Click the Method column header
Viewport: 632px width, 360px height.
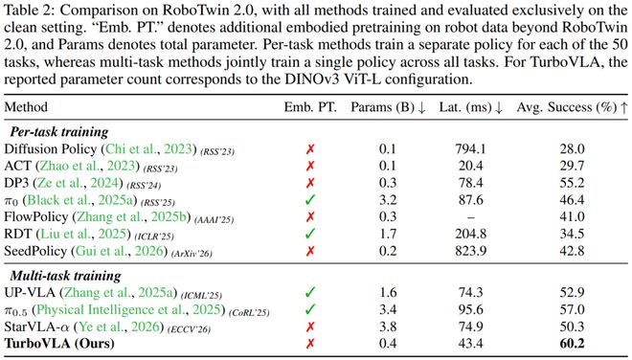tap(26, 107)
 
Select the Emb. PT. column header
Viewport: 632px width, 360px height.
tap(310, 107)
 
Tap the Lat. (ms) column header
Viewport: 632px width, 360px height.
tap(471, 107)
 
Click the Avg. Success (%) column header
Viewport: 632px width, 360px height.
tap(573, 107)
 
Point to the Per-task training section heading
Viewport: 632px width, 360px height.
tap(59, 132)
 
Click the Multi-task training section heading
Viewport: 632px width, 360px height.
tap(65, 276)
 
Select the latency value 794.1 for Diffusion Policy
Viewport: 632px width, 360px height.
tap(471, 149)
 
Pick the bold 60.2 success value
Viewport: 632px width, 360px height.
tap(572, 344)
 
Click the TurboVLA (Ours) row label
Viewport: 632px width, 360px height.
tap(59, 344)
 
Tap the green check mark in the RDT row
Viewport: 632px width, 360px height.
tap(310, 234)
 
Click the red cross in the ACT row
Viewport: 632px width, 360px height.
tap(310, 166)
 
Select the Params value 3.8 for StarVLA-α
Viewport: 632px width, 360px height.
tap(388, 326)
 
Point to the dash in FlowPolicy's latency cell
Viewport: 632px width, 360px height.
tap(471, 217)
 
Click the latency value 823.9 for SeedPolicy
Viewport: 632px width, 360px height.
tap(471, 251)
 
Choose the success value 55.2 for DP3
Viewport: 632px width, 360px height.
tap(572, 183)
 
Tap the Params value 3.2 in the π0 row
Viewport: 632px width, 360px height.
tap(388, 200)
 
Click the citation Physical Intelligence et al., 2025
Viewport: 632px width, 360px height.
tap(128, 309)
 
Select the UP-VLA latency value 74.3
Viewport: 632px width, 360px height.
tap(471, 293)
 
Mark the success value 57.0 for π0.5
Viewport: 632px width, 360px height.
tap(572, 309)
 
